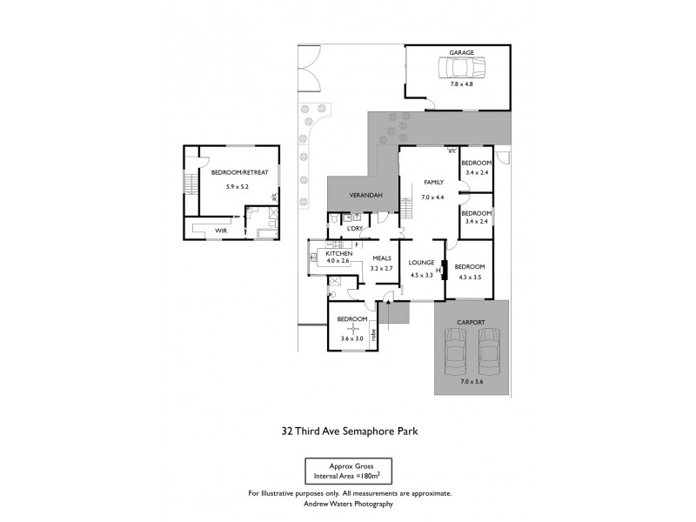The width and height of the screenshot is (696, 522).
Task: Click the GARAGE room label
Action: point(461,53)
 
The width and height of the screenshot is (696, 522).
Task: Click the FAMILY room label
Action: point(433,183)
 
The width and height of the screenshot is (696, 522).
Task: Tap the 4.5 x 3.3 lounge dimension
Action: point(421,275)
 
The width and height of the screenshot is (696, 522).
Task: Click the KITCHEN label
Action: point(338,253)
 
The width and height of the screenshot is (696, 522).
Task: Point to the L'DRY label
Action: point(354,229)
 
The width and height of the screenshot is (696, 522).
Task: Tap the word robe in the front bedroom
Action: point(374,333)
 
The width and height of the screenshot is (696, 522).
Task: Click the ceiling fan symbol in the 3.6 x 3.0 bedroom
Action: point(352,328)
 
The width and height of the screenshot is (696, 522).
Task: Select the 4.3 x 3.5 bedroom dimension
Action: point(469,278)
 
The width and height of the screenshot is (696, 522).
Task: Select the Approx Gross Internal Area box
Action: point(348,472)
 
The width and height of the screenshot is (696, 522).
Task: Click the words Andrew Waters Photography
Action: point(349,504)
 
